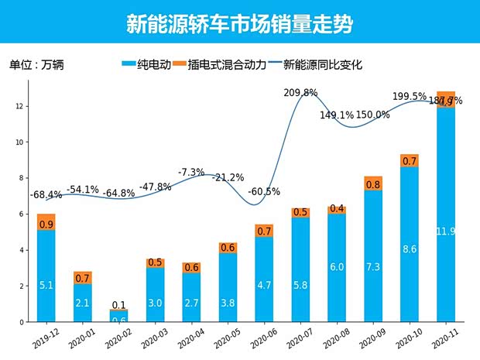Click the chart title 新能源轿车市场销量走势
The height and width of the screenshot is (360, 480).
[239, 24]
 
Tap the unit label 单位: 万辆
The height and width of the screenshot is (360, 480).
[36, 65]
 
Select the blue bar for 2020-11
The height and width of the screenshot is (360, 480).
[446, 214]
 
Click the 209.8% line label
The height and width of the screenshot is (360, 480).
[301, 93]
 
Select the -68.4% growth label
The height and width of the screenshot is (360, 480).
[46, 194]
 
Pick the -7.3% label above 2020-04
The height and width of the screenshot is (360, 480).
[191, 172]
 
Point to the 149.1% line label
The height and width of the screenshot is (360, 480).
[337, 115]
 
